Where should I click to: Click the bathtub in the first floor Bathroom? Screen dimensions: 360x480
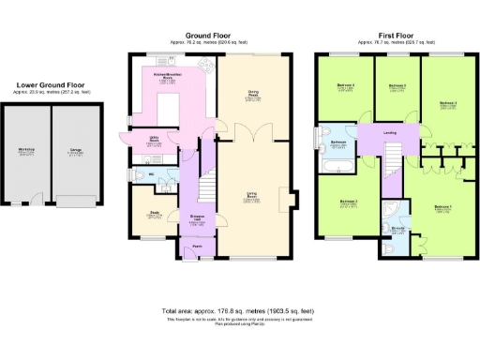tap(335, 166)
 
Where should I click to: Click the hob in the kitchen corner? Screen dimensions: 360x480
tap(141, 74)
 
